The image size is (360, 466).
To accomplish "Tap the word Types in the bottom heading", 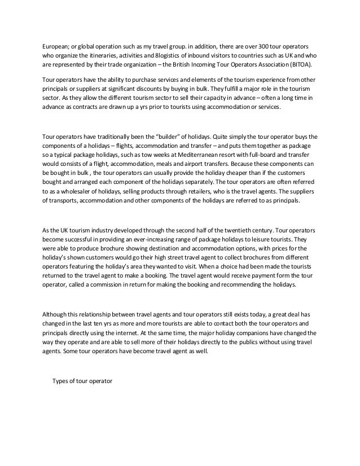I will coord(62,380).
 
